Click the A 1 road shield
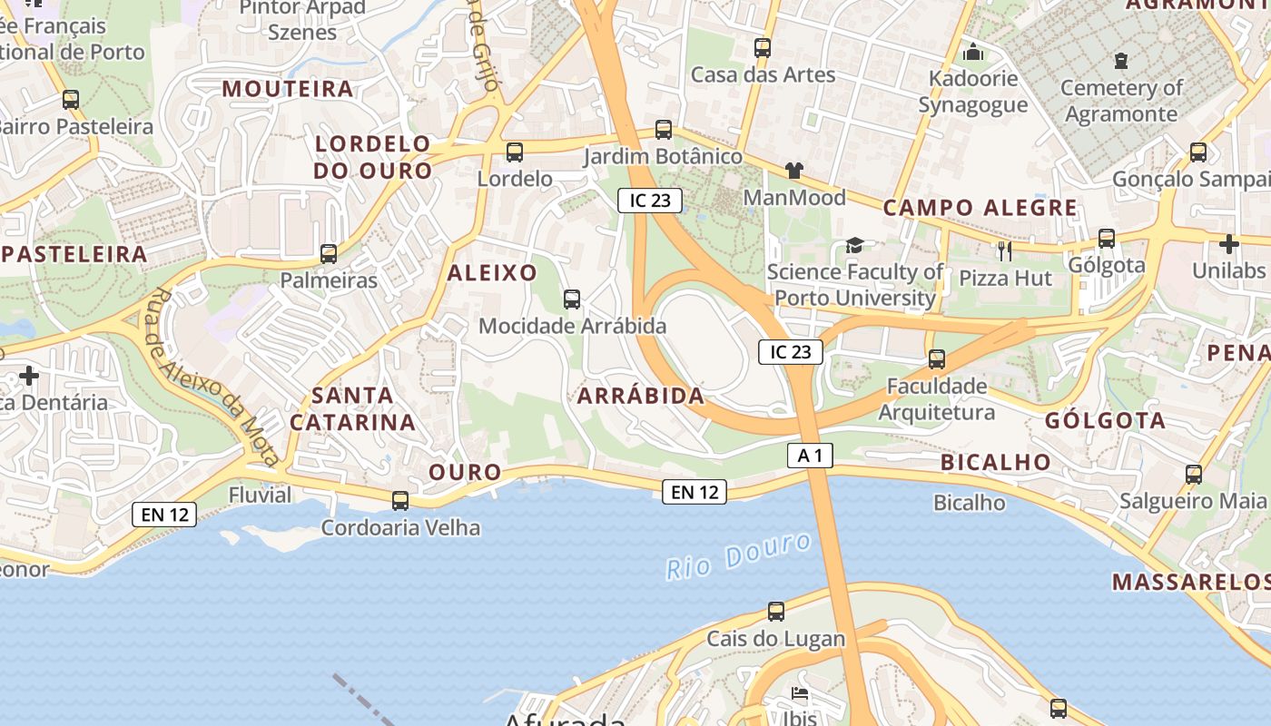[810, 456]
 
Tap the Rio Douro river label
[738, 555]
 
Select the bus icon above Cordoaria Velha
[399, 500]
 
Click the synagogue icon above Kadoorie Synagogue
[973, 52]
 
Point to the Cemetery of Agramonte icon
[1121, 61]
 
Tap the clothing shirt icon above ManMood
[794, 170]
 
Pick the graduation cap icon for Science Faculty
[854, 245]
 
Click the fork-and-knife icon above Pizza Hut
[1004, 250]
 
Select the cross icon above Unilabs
[1229, 244]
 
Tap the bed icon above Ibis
[799, 694]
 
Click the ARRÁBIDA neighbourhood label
[641, 396]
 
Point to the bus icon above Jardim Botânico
[664, 130]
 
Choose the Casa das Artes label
[763, 74]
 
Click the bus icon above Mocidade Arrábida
[572, 299]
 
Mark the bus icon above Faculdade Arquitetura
[937, 359]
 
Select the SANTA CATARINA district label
[352, 408]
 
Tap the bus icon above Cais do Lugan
[776, 612]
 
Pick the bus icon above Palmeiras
[329, 254]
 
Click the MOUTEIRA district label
[288, 89]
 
